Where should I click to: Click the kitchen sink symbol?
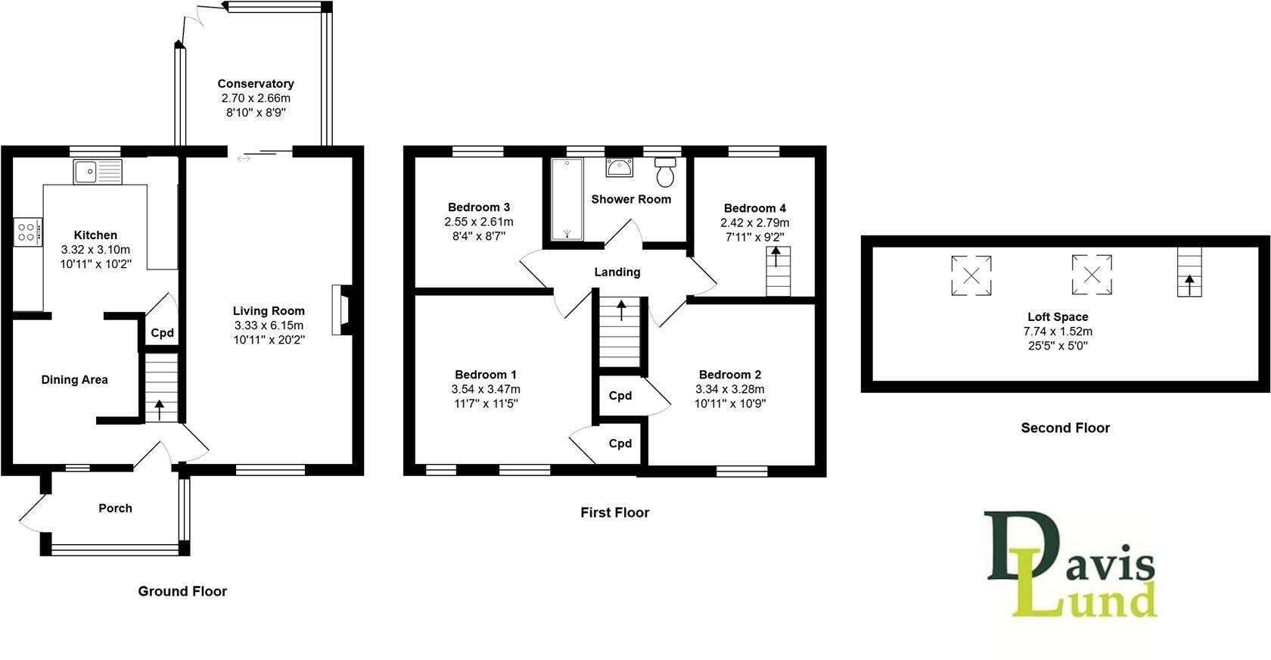(x=98, y=172)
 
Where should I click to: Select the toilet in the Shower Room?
(x=665, y=173)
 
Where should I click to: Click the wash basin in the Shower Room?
(x=620, y=168)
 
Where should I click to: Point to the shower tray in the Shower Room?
(x=567, y=199)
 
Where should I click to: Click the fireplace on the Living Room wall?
(x=340, y=310)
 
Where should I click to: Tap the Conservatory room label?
(x=256, y=84)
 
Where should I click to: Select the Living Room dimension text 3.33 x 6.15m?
(x=269, y=325)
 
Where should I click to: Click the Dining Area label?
(x=74, y=380)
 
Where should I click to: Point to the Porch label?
(x=115, y=509)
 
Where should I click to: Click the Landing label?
(x=617, y=272)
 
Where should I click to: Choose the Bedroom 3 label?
(x=479, y=207)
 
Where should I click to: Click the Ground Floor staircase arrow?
(x=159, y=409)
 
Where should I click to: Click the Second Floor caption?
(x=1065, y=428)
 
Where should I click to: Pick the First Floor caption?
(x=614, y=513)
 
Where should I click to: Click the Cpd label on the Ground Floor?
(x=163, y=333)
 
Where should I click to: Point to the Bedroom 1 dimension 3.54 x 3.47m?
(x=486, y=390)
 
